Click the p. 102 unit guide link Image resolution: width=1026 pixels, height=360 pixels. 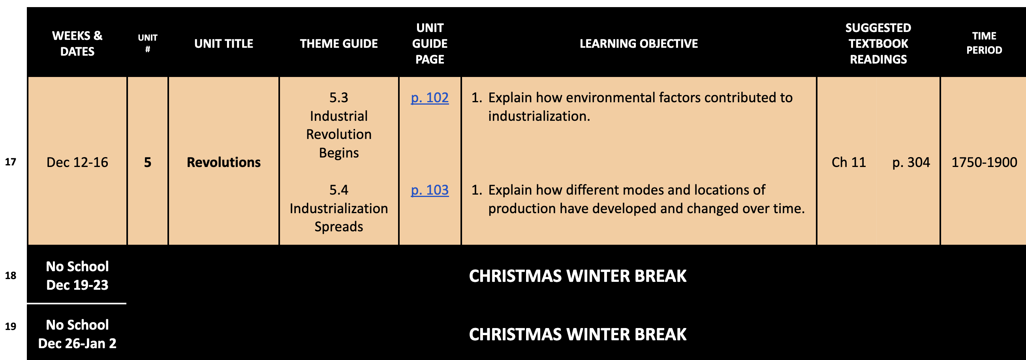[430, 98]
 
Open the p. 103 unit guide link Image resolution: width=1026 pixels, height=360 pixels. [430, 190]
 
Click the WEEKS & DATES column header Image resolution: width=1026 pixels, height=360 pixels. [77, 43]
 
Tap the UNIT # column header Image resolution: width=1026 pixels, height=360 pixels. [148, 43]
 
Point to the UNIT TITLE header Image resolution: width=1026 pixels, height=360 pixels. [224, 43]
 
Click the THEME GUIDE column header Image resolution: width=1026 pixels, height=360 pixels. [339, 43]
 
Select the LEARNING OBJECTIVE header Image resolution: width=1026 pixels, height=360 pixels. [639, 43]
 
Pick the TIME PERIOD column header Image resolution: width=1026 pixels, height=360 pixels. [984, 43]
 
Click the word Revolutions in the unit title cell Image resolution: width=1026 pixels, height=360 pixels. [224, 163]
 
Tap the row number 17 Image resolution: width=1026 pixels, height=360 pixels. [10, 162]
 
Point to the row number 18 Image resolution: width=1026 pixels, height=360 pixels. [10, 276]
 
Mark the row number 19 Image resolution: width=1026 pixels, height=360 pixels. [10, 326]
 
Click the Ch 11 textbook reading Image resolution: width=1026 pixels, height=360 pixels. [849, 163]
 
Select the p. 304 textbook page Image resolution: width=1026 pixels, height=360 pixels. [911, 163]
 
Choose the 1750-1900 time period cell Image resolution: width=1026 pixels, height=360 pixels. [984, 163]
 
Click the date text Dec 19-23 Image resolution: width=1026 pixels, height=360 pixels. [77, 285]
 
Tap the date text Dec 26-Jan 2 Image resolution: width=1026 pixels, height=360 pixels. [77, 344]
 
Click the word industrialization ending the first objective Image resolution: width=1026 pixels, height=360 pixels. [539, 116]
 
